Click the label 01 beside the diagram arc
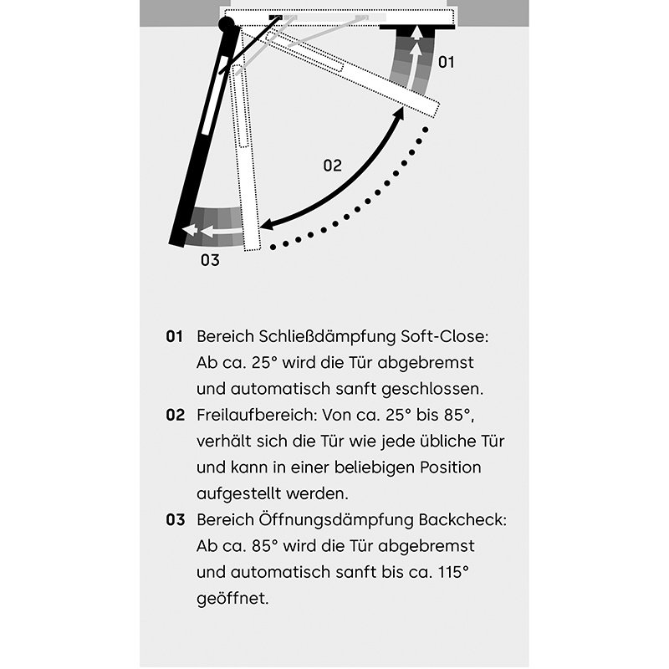[447, 62]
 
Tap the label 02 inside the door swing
[333, 166]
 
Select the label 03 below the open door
[210, 260]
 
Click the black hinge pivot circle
[227, 24]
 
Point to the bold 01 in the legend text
[174, 337]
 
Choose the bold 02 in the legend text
[174, 415]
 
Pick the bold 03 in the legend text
[174, 519]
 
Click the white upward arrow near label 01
[415, 50]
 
